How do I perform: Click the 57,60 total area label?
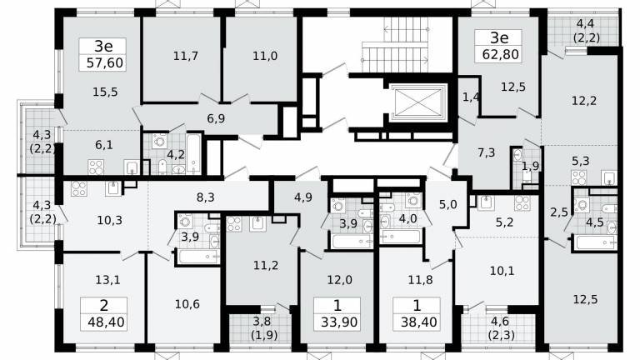(105, 63)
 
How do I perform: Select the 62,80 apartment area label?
(500, 54)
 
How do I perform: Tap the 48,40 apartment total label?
(106, 322)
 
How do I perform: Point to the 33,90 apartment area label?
(339, 322)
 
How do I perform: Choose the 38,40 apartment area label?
(419, 322)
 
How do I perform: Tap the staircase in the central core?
(395, 45)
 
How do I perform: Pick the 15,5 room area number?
(105, 92)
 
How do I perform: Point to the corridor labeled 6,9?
(216, 119)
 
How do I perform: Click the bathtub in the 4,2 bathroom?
(193, 153)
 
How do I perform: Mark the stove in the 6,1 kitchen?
(96, 167)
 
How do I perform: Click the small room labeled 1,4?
(471, 97)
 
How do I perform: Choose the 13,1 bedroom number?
(107, 280)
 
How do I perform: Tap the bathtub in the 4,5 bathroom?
(595, 242)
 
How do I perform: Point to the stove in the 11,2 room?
(234, 224)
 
